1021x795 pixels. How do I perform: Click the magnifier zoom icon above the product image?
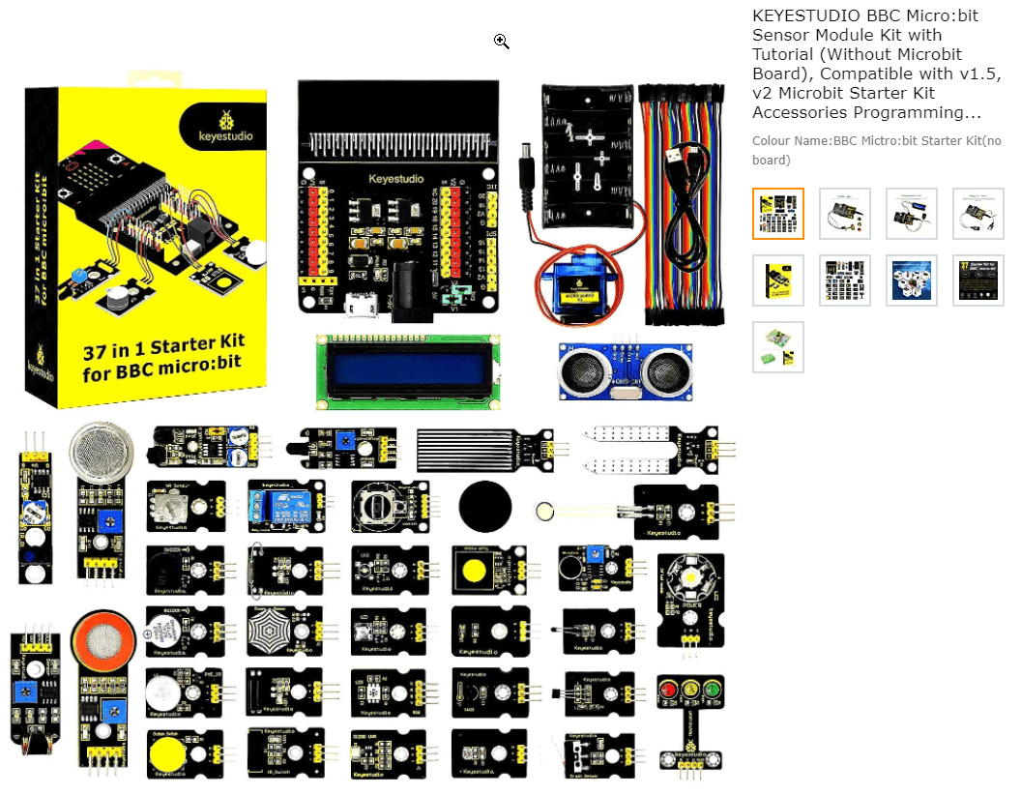[501, 41]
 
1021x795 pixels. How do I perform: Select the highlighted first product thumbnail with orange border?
[778, 214]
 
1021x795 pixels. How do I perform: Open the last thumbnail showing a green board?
[778, 347]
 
